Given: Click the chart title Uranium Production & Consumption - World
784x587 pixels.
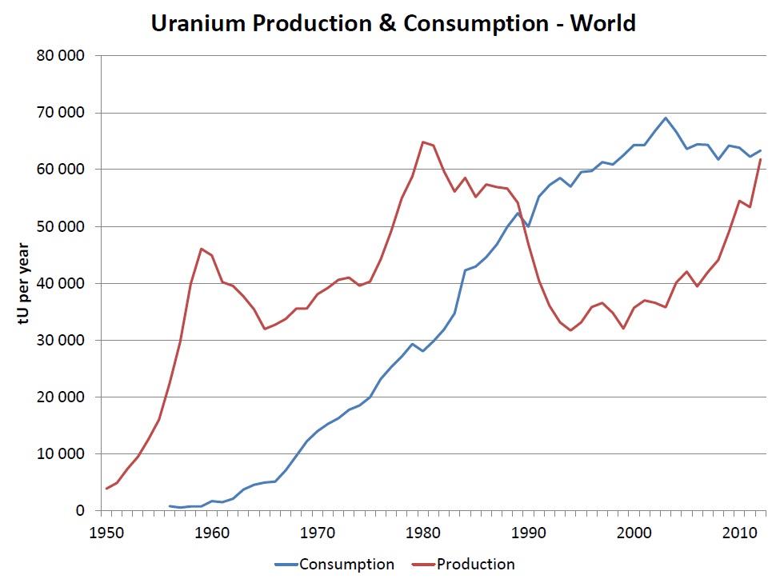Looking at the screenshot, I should [x=393, y=23].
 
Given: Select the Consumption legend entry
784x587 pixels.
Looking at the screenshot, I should [x=335, y=565].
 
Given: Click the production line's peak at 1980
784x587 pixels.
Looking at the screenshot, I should [x=422, y=142].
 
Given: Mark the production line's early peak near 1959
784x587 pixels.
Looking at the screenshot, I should [x=201, y=249].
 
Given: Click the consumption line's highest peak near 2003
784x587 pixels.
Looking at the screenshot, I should [x=666, y=118].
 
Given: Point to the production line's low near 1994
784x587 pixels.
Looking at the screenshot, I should [x=570, y=330].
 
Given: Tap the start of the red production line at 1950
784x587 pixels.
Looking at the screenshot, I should [x=106, y=489].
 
